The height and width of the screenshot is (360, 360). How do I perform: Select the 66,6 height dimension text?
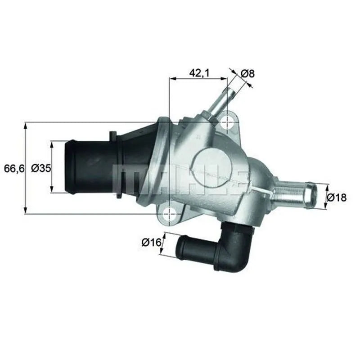tap(13, 168)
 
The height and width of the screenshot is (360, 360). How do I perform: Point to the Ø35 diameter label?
tap(40, 168)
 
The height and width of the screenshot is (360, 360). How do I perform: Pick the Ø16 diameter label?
tap(151, 243)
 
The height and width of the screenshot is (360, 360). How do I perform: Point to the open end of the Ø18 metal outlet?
tap(310, 194)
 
